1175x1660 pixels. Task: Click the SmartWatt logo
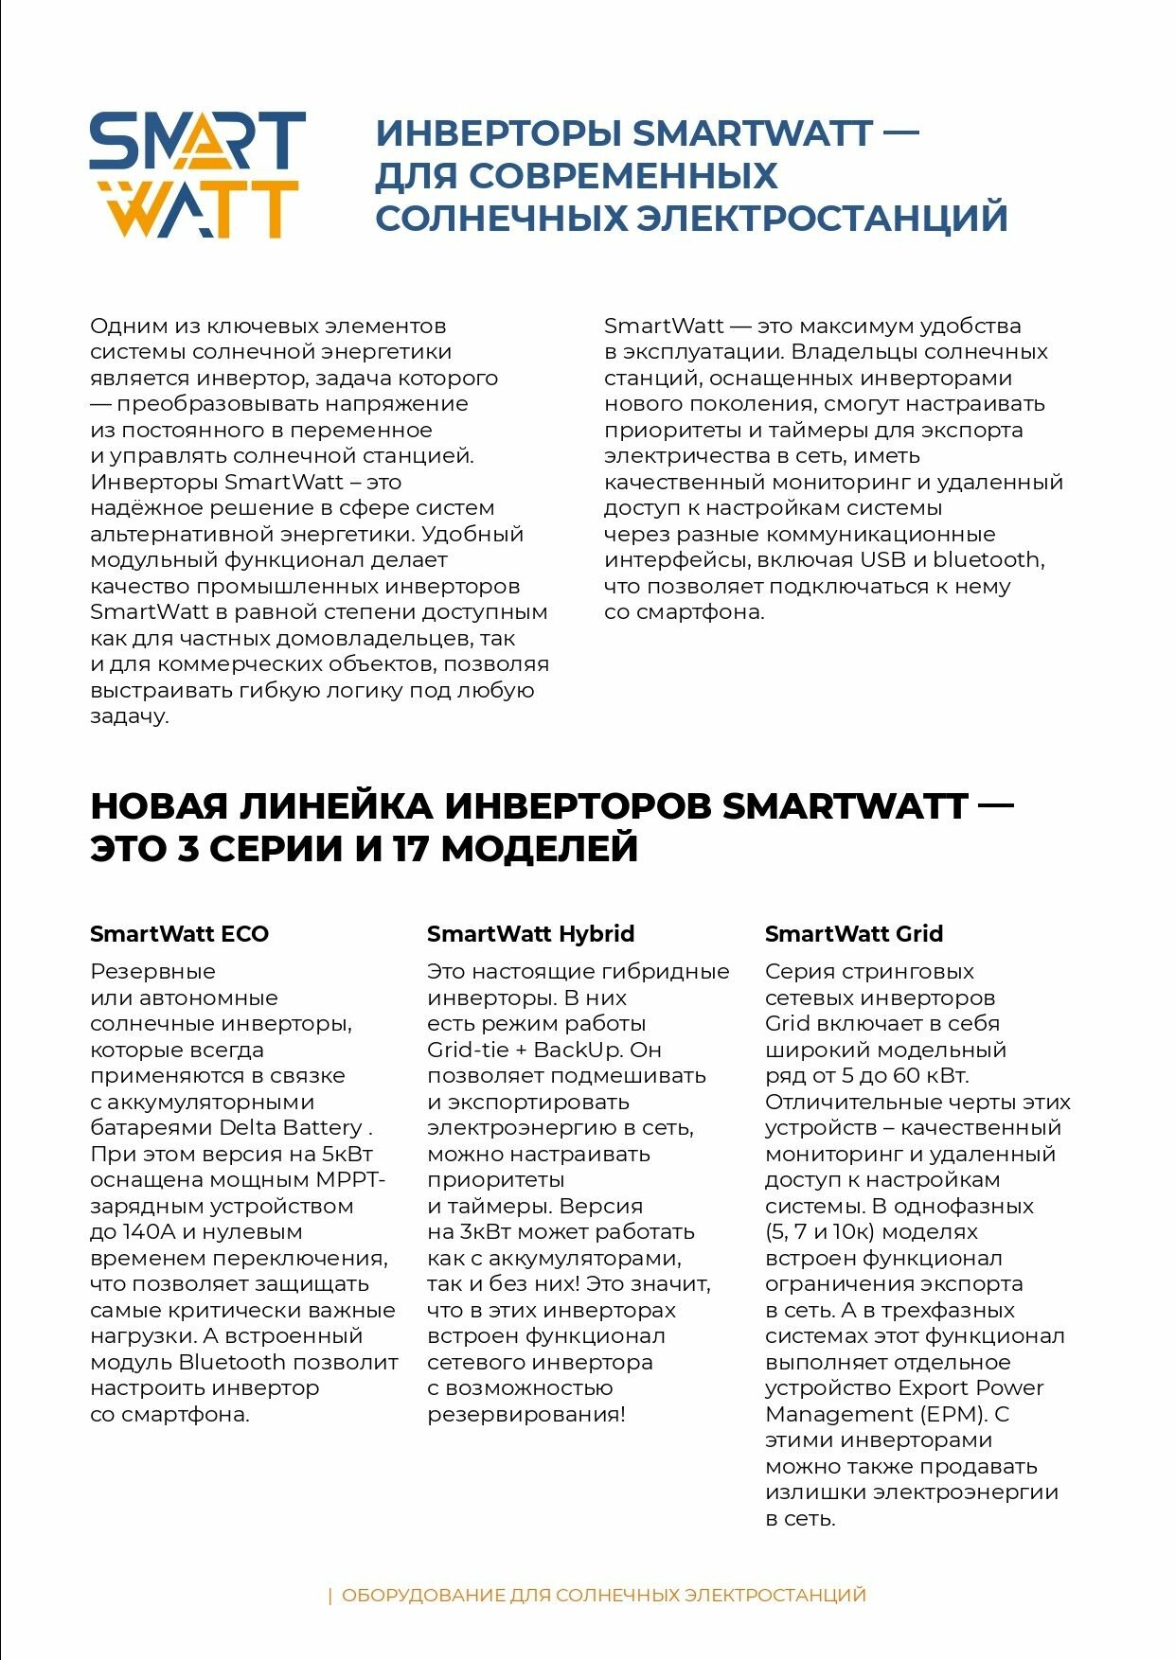[x=197, y=175]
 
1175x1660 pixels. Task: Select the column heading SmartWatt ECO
[x=179, y=934]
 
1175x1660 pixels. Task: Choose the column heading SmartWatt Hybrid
[x=530, y=934]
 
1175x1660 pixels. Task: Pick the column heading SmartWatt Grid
[x=853, y=934]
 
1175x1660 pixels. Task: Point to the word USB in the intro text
[x=882, y=560]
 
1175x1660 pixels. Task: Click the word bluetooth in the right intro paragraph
[x=986, y=560]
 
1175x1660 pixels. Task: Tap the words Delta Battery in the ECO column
[x=291, y=1128]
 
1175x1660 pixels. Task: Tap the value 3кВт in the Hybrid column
[x=485, y=1232]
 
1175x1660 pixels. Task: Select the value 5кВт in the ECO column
[x=347, y=1155]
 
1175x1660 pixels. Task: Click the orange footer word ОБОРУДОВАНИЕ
[x=422, y=1595]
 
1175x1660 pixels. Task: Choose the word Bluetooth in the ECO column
[x=232, y=1363]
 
